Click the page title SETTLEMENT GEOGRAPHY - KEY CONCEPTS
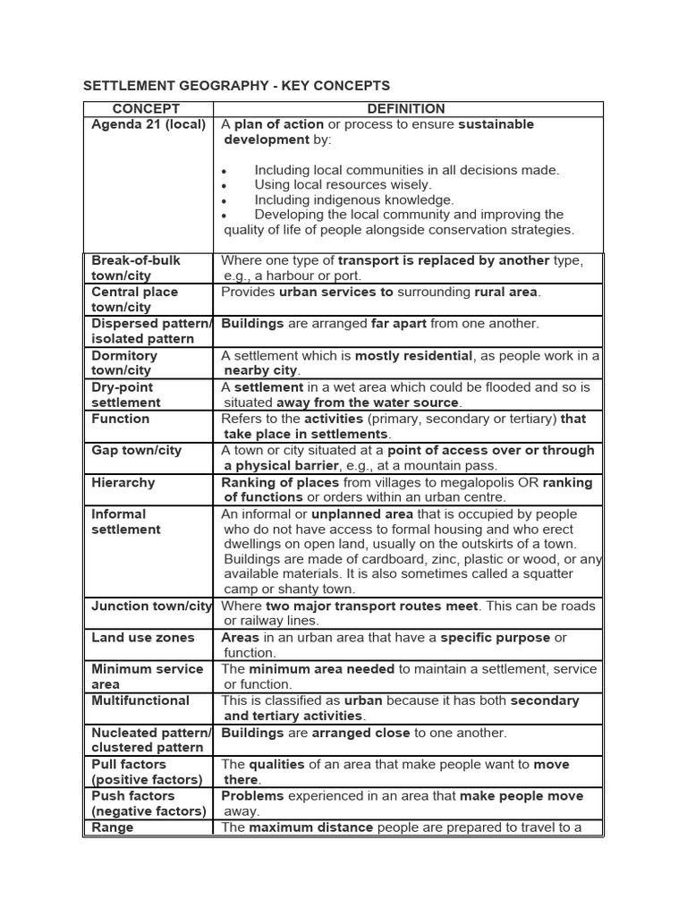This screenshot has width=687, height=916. coord(236,86)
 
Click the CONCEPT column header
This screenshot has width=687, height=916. coord(148,109)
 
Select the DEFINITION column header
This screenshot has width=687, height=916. coord(406,109)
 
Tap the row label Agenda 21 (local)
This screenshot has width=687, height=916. coord(148,124)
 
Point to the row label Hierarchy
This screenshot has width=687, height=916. coord(123,482)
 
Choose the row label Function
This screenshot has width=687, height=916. coord(121,419)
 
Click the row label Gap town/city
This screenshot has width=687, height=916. coord(135,450)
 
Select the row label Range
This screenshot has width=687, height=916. coord(112,827)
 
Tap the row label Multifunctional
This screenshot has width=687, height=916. coord(140,700)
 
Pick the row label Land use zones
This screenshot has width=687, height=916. coord(142,637)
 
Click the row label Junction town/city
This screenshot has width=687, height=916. coord(151,606)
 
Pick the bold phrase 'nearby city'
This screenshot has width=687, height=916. coord(261,370)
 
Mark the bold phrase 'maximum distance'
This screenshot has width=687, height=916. coord(310,827)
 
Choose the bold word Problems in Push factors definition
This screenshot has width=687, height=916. coord(252,795)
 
